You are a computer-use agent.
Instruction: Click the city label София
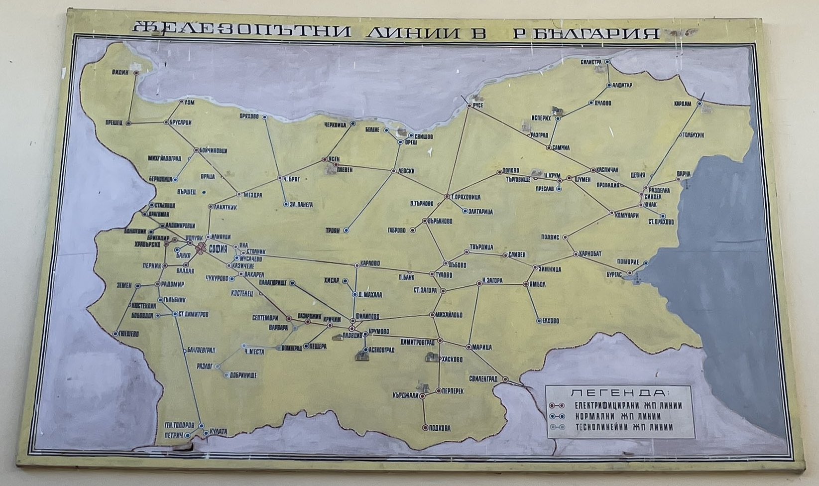click(x=217, y=249)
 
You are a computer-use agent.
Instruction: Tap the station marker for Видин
click(x=136, y=73)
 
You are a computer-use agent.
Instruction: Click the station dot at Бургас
click(x=630, y=273)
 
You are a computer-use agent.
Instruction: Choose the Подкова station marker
click(x=425, y=427)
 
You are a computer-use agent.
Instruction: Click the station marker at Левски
click(x=393, y=171)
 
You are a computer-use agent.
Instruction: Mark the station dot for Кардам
click(x=700, y=104)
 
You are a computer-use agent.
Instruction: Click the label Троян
click(x=333, y=231)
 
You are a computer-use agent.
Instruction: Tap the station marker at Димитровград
click(x=440, y=341)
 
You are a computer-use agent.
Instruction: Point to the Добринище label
click(x=243, y=374)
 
